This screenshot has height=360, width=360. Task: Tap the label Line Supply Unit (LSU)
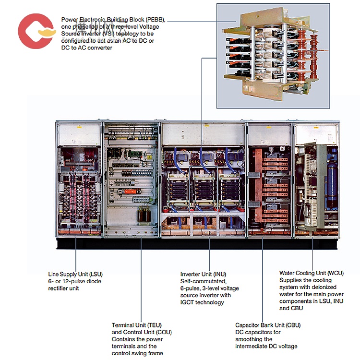pyautogui.click(x=75, y=274)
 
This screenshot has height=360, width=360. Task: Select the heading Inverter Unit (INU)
pyautogui.click(x=203, y=274)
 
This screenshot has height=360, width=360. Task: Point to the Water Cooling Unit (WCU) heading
pyautogui.click(x=312, y=273)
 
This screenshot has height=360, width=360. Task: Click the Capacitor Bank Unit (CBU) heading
pyautogui.click(x=268, y=325)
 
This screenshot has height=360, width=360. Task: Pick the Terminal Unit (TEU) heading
pyautogui.click(x=137, y=325)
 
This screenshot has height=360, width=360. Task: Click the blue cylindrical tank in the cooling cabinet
pyautogui.click(x=332, y=181)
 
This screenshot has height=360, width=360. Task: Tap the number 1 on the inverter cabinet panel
pyautogui.click(x=183, y=137)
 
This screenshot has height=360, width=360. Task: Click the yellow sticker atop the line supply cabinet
pyautogui.click(x=79, y=127)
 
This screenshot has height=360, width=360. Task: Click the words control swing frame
pyautogui.click(x=137, y=353)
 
